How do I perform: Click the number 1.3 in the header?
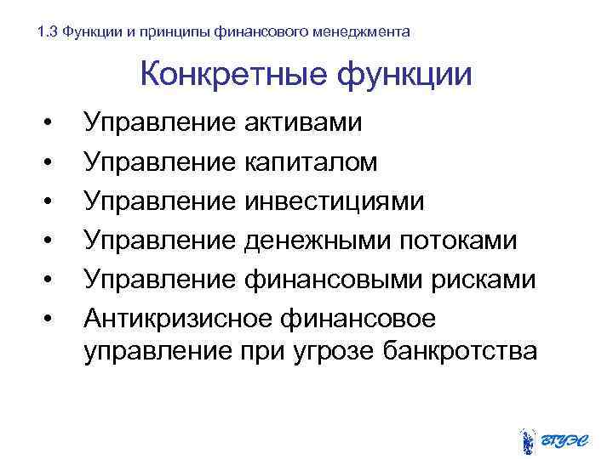49,32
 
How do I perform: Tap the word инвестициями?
334,201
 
